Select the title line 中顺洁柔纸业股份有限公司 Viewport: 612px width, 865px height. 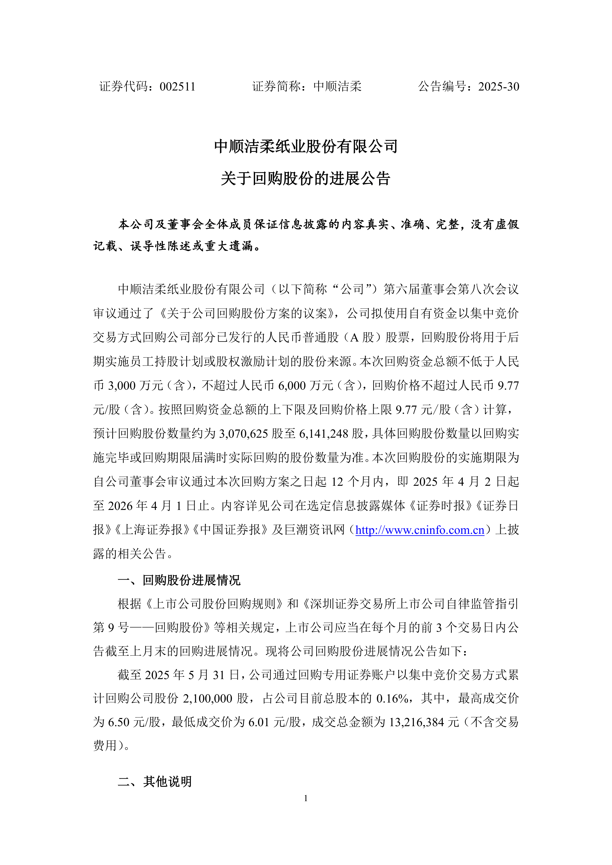coord(306,146)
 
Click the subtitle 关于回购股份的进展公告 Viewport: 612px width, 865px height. coord(306,178)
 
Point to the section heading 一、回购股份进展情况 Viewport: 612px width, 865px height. coord(179,580)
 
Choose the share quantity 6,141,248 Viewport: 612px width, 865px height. coord(324,434)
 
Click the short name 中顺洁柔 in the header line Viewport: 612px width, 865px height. coord(337,87)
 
